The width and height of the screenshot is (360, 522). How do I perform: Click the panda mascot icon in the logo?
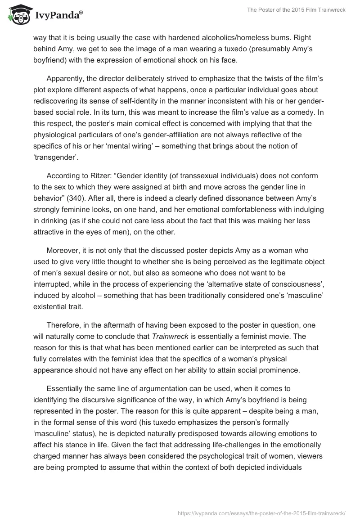pos(17,15)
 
